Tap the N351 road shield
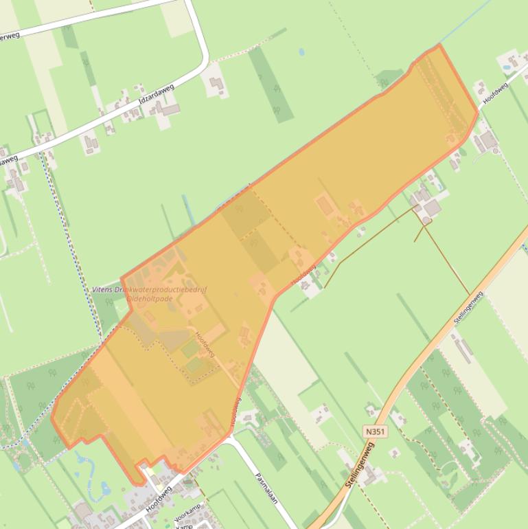point(375,431)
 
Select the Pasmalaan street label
point(265,488)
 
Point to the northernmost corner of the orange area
point(439,45)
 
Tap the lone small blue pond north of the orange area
point(301,52)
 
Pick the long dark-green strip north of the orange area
point(271,84)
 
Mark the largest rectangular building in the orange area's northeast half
point(325,205)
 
